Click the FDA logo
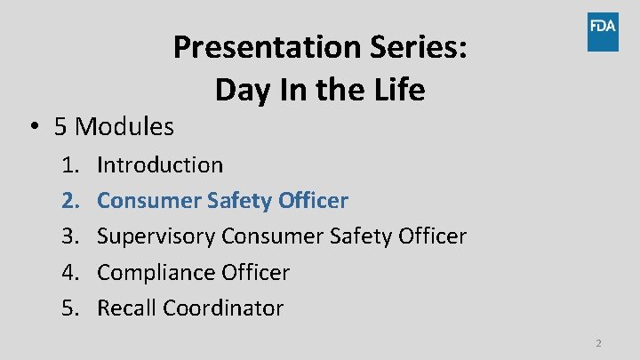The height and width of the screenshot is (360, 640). pos(602,31)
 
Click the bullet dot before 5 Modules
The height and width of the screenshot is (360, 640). pos(32,127)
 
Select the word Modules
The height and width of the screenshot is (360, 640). pos(124,127)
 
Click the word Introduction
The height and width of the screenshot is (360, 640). pos(160,164)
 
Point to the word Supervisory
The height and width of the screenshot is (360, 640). pos(156,236)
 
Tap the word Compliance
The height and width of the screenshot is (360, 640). pos(154,272)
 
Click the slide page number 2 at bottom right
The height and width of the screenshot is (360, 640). pos(598,343)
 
